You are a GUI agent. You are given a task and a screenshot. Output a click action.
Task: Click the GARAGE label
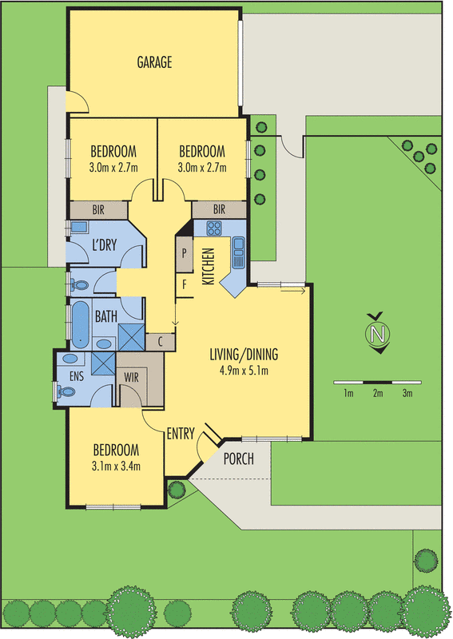pos(154,62)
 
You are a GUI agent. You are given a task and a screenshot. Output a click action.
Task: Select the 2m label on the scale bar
pos(377,394)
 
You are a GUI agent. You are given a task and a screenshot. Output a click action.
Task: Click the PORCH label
pos(239,458)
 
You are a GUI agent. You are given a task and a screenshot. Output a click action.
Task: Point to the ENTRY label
pos(181,434)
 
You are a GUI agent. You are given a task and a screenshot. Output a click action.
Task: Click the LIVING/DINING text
pos(244,355)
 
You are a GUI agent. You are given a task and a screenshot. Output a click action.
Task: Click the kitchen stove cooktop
pos(214,228)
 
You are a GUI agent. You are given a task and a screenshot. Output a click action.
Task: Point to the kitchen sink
pos(237,254)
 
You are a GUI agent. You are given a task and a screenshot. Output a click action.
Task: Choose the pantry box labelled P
pos(184,252)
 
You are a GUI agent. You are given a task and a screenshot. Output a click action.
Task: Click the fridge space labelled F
pos(184,284)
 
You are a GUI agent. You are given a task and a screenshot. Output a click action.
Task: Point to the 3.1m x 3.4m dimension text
pos(117,464)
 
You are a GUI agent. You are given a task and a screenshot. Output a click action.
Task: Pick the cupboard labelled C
pos(161,341)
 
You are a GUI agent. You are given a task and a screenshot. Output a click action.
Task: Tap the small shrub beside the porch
pos(177,488)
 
